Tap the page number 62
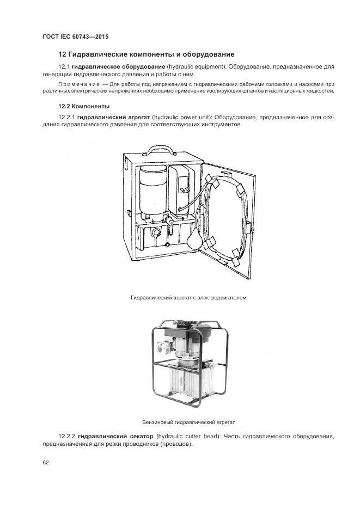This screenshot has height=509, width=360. (x=46, y=462)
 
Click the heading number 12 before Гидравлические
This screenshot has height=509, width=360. (x=62, y=54)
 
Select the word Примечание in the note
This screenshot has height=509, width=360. (x=77, y=84)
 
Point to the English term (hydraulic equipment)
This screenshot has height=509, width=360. (x=196, y=66)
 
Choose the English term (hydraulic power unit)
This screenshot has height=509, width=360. (x=183, y=117)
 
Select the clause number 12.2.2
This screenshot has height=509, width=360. (x=68, y=437)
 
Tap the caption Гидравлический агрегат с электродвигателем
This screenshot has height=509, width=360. (x=185, y=298)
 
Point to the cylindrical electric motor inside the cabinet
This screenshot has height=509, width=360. (x=152, y=191)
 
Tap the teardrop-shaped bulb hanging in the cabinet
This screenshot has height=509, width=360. (x=194, y=237)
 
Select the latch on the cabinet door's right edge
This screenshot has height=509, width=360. (x=252, y=230)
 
